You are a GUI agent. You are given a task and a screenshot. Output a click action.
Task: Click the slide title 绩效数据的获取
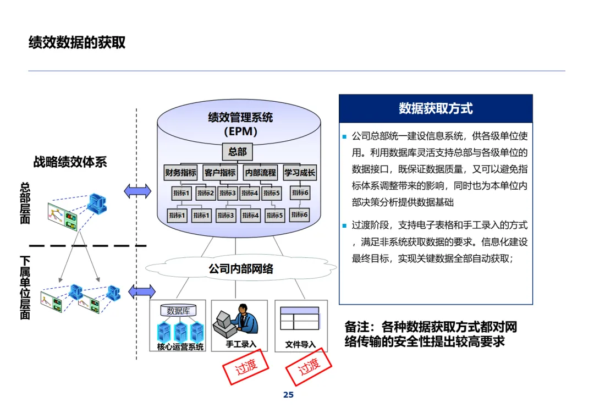77,42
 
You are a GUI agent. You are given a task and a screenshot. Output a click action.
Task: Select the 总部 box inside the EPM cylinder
238,151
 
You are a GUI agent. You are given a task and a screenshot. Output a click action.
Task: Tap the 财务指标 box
180,172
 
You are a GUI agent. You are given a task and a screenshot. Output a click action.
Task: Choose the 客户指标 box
220,172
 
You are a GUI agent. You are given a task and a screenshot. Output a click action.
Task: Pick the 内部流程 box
260,172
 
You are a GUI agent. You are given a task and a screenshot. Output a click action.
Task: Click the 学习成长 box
300,172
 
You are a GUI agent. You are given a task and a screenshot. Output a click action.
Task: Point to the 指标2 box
205,193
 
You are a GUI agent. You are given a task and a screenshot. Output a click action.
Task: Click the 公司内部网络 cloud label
241,269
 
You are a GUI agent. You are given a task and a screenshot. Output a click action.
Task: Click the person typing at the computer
244,321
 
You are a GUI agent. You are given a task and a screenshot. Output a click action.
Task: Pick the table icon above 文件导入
300,318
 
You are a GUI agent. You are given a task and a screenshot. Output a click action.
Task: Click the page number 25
288,395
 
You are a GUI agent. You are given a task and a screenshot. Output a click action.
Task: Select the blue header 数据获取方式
436,108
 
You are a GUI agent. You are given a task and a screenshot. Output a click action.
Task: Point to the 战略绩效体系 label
70,162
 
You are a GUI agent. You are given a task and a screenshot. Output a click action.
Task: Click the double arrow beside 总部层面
137,191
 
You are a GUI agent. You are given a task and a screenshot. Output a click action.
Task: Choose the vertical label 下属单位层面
25,287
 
